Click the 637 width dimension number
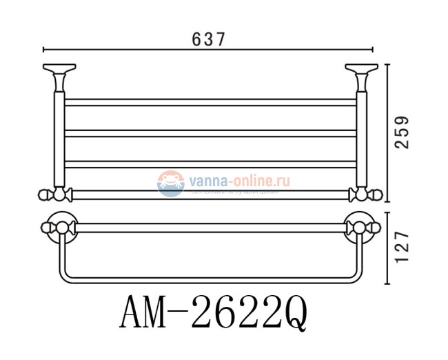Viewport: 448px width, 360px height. click(x=207, y=39)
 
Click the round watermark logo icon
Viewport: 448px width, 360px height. click(x=169, y=183)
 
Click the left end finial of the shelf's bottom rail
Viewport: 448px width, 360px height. click(x=45, y=194)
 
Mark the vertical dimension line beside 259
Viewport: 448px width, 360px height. click(x=388, y=131)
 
